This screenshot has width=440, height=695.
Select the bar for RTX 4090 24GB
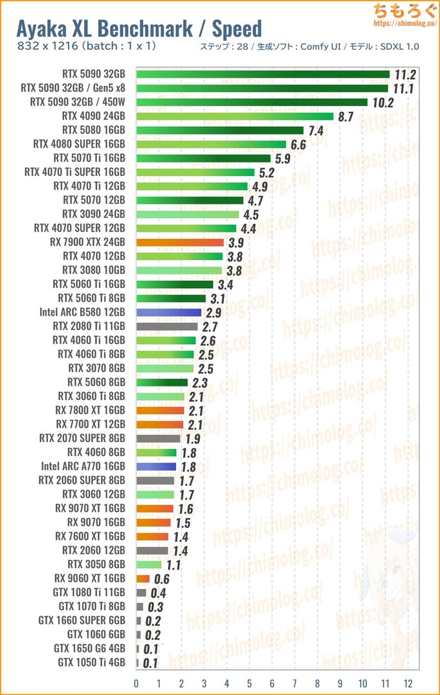pyautogui.click(x=235, y=116)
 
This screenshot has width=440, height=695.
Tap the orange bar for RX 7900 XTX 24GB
pyautogui.click(x=181, y=242)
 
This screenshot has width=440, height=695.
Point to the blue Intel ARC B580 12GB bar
pyautogui.click(x=169, y=312)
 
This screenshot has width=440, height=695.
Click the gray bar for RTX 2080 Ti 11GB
pyautogui.click(x=167, y=326)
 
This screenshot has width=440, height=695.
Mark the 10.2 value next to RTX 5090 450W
pyautogui.click(x=382, y=102)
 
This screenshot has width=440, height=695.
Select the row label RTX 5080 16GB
pyautogui.click(x=94, y=130)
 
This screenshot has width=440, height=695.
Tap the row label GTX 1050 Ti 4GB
pyautogui.click(x=91, y=662)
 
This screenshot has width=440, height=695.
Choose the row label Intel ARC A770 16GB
pyautogui.click(x=83, y=466)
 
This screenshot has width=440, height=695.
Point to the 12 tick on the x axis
pyautogui.click(x=408, y=683)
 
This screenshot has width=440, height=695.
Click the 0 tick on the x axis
pyautogui.click(x=137, y=683)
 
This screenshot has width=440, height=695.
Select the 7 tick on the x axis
pyautogui.click(x=295, y=683)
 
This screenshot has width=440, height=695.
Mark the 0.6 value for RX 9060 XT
pyautogui.click(x=162, y=579)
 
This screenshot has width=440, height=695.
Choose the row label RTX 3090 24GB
pyautogui.click(x=94, y=214)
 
